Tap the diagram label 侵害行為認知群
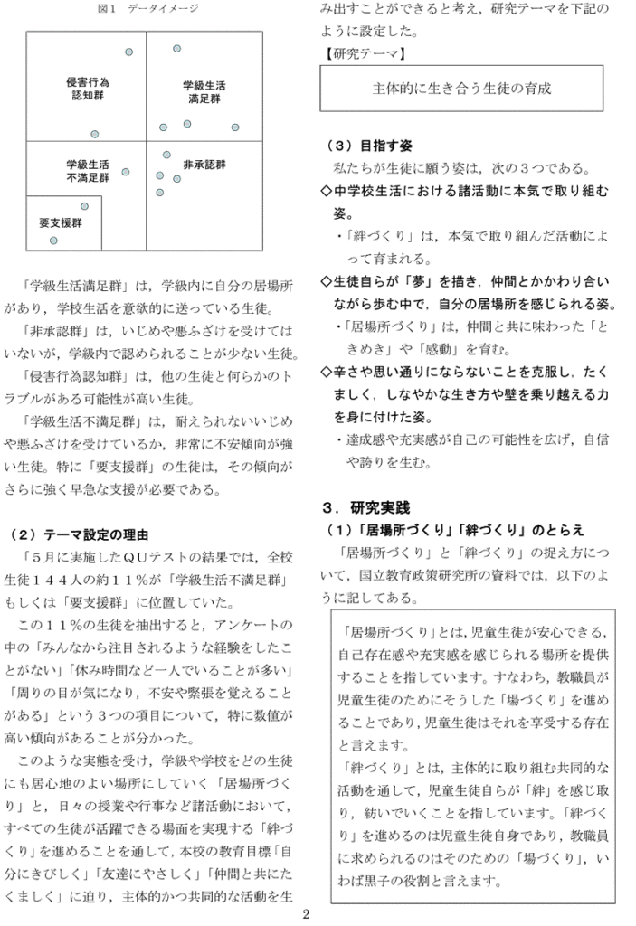pyautogui.click(x=89, y=88)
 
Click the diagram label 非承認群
pyautogui.click(x=204, y=165)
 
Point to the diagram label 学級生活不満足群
pyautogui.click(x=88, y=172)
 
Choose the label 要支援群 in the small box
pyautogui.click(x=61, y=222)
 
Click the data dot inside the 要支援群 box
pyautogui.click(x=53, y=241)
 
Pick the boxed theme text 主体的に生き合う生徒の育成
pyautogui.click(x=461, y=89)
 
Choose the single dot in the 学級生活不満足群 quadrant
pyautogui.click(x=126, y=172)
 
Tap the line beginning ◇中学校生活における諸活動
pyautogui.click(x=465, y=192)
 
